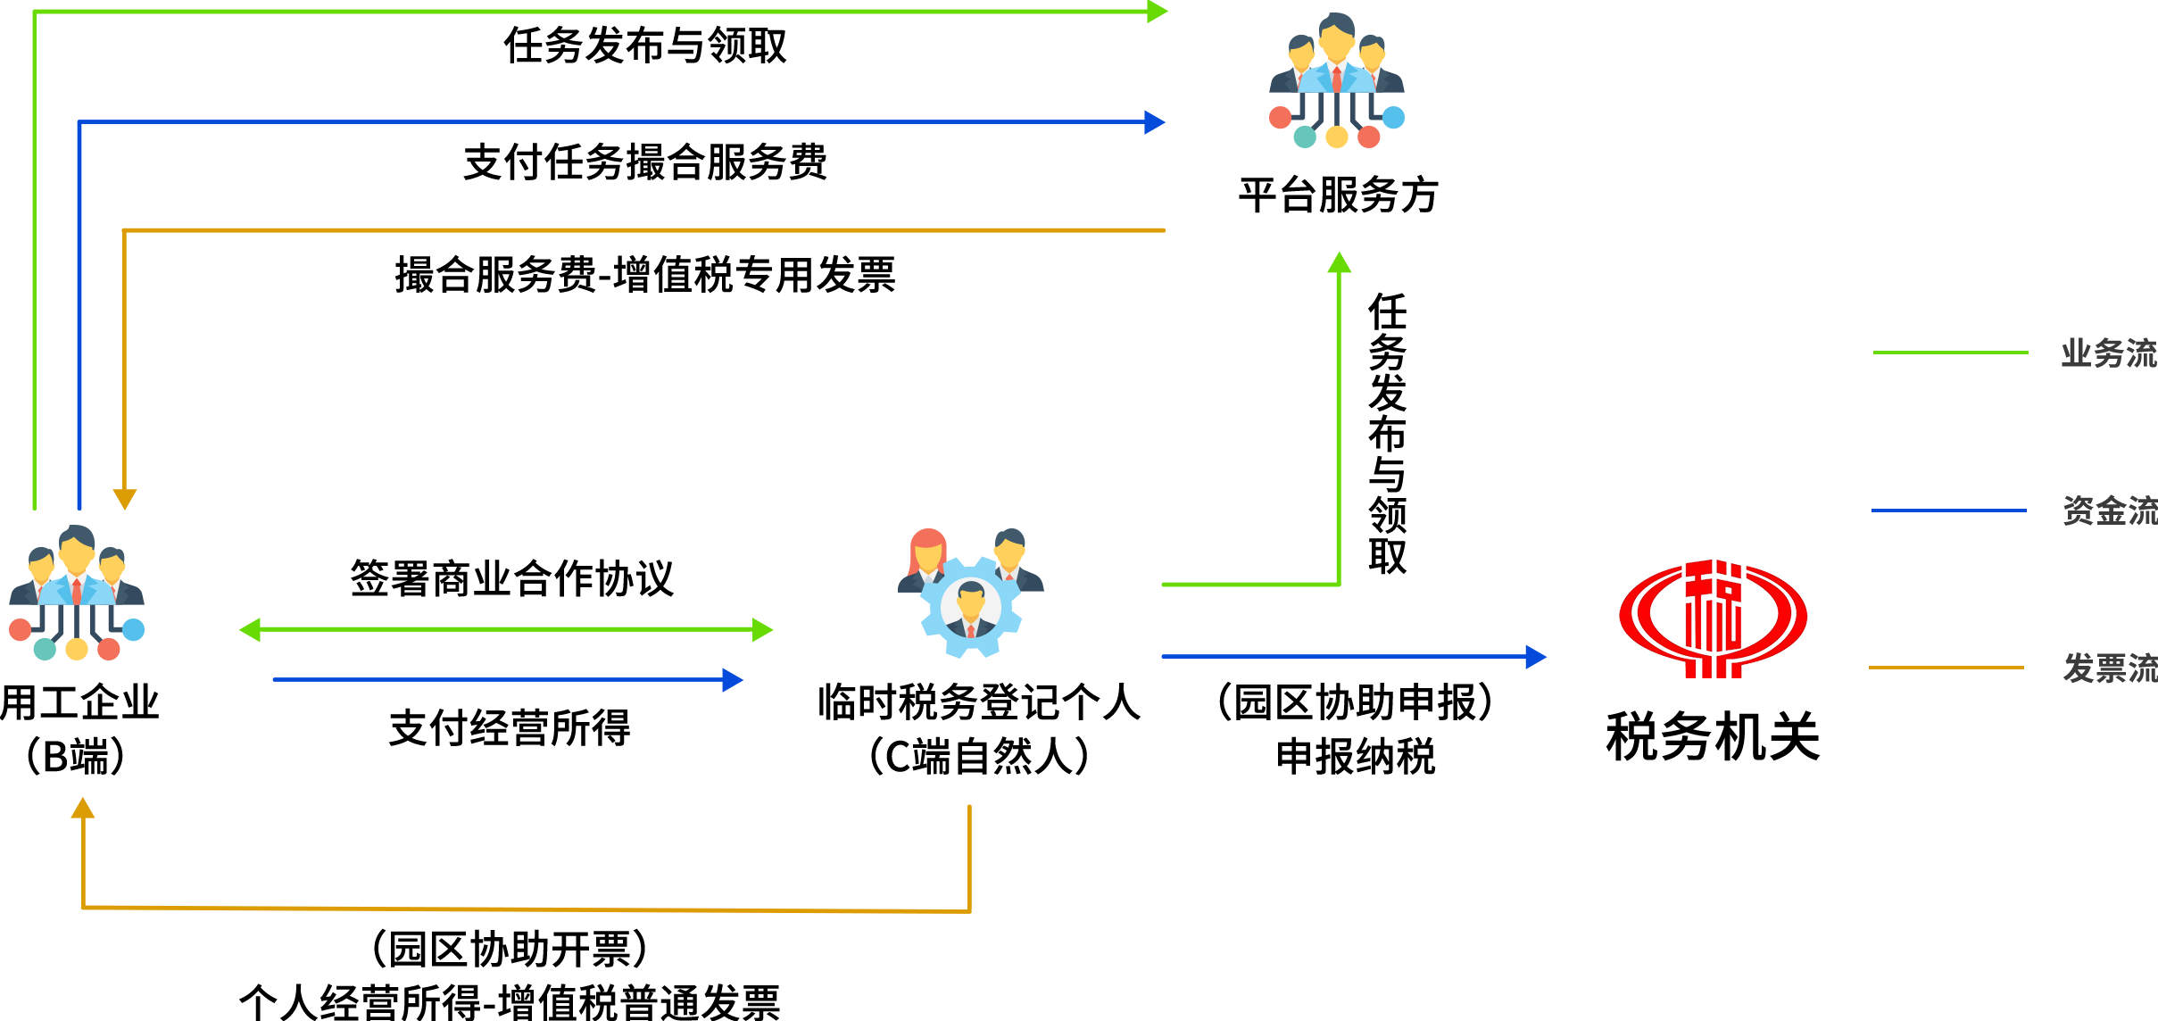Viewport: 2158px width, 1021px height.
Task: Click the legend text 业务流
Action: point(2108,353)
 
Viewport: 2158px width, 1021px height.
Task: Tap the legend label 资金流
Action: point(2109,510)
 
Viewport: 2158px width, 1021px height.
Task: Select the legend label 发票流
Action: point(2109,668)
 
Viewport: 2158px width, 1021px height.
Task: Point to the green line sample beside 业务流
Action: point(1950,353)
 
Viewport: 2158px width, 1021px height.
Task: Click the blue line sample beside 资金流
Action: point(1948,510)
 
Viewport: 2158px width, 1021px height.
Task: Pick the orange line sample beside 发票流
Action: point(1946,668)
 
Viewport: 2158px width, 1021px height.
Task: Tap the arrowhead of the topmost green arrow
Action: point(1158,12)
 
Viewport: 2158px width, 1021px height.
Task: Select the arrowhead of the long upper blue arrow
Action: point(1155,122)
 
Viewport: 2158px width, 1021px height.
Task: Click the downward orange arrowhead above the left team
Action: point(125,499)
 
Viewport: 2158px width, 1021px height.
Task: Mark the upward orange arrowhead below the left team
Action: point(83,808)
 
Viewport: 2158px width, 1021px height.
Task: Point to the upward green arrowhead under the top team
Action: point(1340,262)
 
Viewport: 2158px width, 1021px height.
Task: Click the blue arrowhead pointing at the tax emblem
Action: point(1535,657)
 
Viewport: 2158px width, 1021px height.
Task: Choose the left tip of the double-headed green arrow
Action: point(249,630)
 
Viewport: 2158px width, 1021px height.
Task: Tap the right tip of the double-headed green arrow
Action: point(763,630)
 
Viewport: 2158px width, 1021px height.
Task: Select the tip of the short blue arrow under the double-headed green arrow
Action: point(733,680)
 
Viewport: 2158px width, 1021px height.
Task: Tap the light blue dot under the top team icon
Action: point(1393,117)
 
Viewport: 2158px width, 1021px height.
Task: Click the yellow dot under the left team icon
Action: point(77,649)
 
